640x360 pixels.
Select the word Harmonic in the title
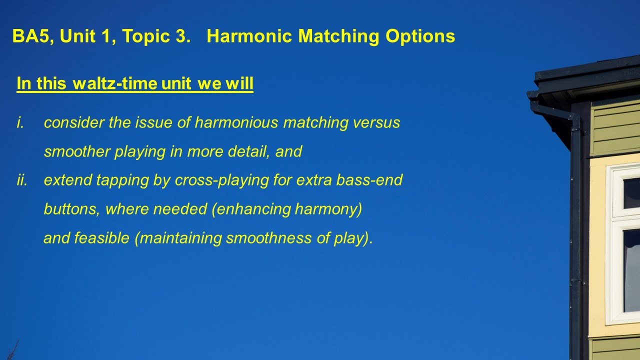pos(249,36)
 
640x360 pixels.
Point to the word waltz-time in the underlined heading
pos(115,83)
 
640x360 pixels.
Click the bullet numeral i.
pos(20,122)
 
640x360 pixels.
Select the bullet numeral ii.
pos(22,180)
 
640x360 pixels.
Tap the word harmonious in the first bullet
pos(236,122)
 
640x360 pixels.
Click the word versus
pos(376,123)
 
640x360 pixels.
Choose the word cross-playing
pos(221,180)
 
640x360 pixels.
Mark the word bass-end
pos(369,180)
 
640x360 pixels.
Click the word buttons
pos(71,209)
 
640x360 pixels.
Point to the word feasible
pos(101,238)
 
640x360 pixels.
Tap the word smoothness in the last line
pos(269,238)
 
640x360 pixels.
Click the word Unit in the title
pos(77,36)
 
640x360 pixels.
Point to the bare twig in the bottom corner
pos(13,350)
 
